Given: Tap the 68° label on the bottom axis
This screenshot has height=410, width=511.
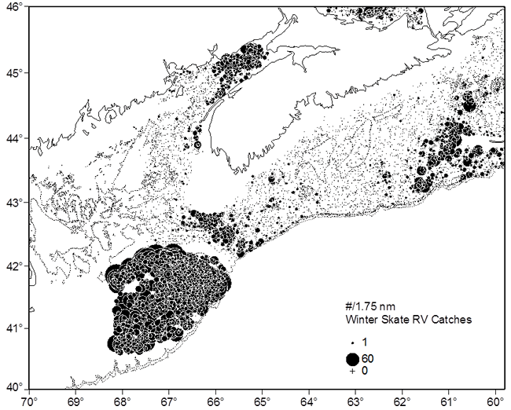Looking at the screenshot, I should (123, 401).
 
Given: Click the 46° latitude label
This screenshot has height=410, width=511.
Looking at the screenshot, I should (13, 7).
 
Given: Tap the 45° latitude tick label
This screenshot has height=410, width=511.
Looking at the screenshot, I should (13, 73).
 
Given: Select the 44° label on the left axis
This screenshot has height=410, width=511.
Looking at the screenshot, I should (13, 138).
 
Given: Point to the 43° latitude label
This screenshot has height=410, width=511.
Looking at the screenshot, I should (13, 202).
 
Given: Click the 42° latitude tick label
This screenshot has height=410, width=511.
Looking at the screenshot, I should (13, 265).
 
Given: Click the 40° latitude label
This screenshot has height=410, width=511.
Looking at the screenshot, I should (13, 387).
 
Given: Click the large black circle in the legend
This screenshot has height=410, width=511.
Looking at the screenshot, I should (352, 359).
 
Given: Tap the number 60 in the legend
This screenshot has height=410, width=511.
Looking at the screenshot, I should (368, 359).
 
